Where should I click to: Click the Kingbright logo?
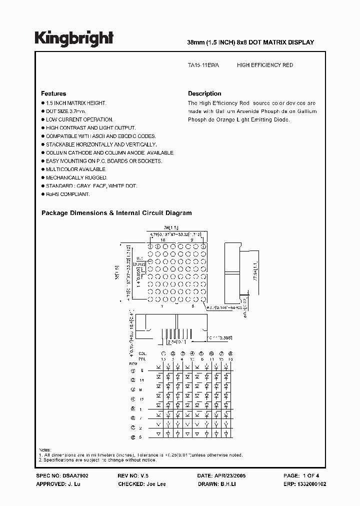tap(74, 38)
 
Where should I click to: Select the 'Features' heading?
tap(53, 93)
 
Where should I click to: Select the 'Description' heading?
tap(204, 93)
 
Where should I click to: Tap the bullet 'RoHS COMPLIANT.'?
tap(67, 193)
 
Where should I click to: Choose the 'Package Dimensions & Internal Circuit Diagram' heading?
tap(116, 212)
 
